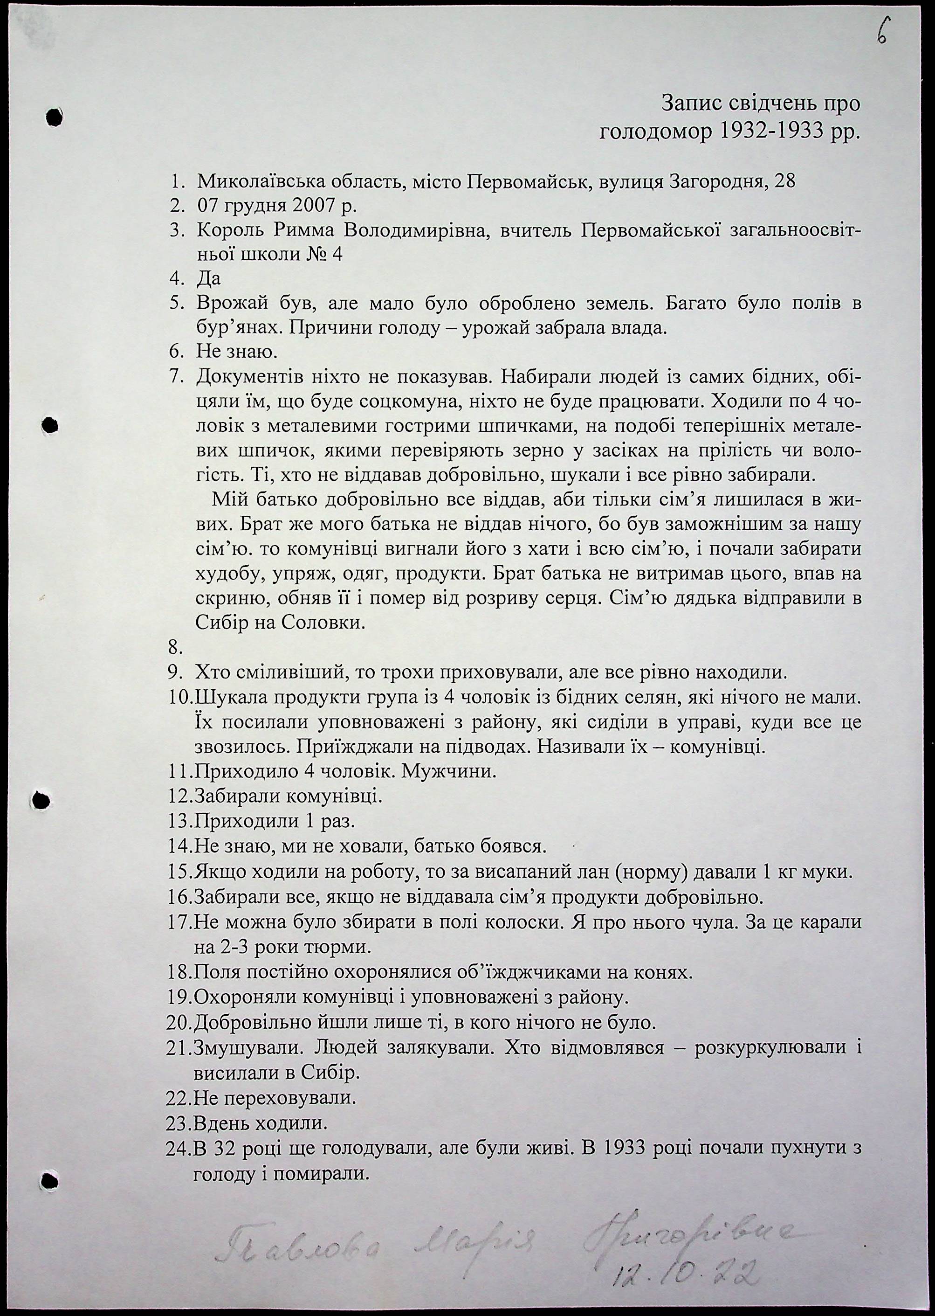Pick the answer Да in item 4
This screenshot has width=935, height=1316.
click(208, 279)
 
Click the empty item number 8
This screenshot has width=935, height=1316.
click(175, 648)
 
